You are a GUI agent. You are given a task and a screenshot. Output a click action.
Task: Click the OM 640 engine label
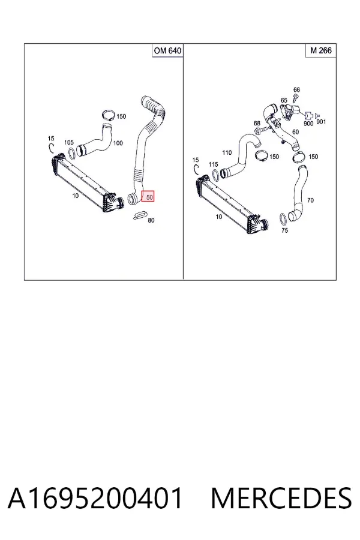167,50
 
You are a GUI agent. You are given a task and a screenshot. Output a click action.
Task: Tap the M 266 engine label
321,50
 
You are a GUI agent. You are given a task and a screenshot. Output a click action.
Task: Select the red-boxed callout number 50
149,197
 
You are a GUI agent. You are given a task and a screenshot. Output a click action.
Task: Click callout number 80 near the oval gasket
151,220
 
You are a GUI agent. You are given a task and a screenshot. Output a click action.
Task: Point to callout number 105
69,142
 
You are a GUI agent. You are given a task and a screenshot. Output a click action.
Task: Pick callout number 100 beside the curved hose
118,143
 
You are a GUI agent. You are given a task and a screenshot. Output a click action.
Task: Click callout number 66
296,89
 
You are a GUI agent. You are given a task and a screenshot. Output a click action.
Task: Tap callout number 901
321,122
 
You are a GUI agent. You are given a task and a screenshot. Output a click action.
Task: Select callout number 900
308,123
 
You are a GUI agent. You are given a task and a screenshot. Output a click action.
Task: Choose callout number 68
257,123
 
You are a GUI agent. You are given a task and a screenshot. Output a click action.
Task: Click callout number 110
227,152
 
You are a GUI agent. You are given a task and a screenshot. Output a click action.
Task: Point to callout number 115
213,164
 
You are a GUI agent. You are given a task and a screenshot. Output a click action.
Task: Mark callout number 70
310,200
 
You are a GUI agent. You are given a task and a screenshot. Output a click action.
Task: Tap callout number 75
284,230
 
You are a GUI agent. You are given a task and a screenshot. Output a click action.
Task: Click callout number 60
295,132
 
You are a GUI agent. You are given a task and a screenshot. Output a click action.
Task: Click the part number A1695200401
95,498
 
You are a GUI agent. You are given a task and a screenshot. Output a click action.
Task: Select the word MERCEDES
281,498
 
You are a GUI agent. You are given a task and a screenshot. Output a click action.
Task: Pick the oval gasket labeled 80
139,215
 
